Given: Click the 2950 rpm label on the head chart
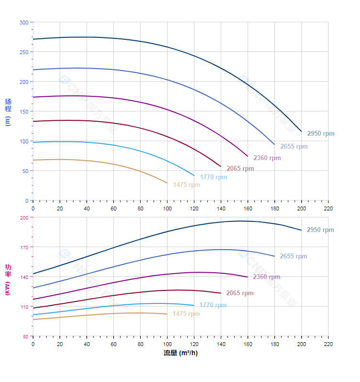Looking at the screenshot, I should coord(321,134).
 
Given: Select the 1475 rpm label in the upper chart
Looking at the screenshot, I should coord(187,185).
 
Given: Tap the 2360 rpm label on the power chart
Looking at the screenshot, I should coord(267,277).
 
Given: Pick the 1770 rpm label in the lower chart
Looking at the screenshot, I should coord(213,305).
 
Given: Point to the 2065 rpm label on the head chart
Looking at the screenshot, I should coord(240,169).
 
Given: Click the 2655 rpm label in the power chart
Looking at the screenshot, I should coord(293,256).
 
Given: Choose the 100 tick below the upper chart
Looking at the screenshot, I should coord(167,208).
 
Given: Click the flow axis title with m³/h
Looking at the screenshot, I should coord(180,353).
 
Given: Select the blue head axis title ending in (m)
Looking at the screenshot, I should coord(8,112).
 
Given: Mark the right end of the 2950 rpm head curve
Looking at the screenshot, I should coord(302,131).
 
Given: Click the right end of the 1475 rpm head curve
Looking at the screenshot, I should coord(167,183).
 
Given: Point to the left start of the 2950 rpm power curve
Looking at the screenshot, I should coord(33,274).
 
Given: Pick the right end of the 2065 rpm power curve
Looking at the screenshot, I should coord(221,293).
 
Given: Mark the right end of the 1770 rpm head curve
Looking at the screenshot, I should coord(194,175).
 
